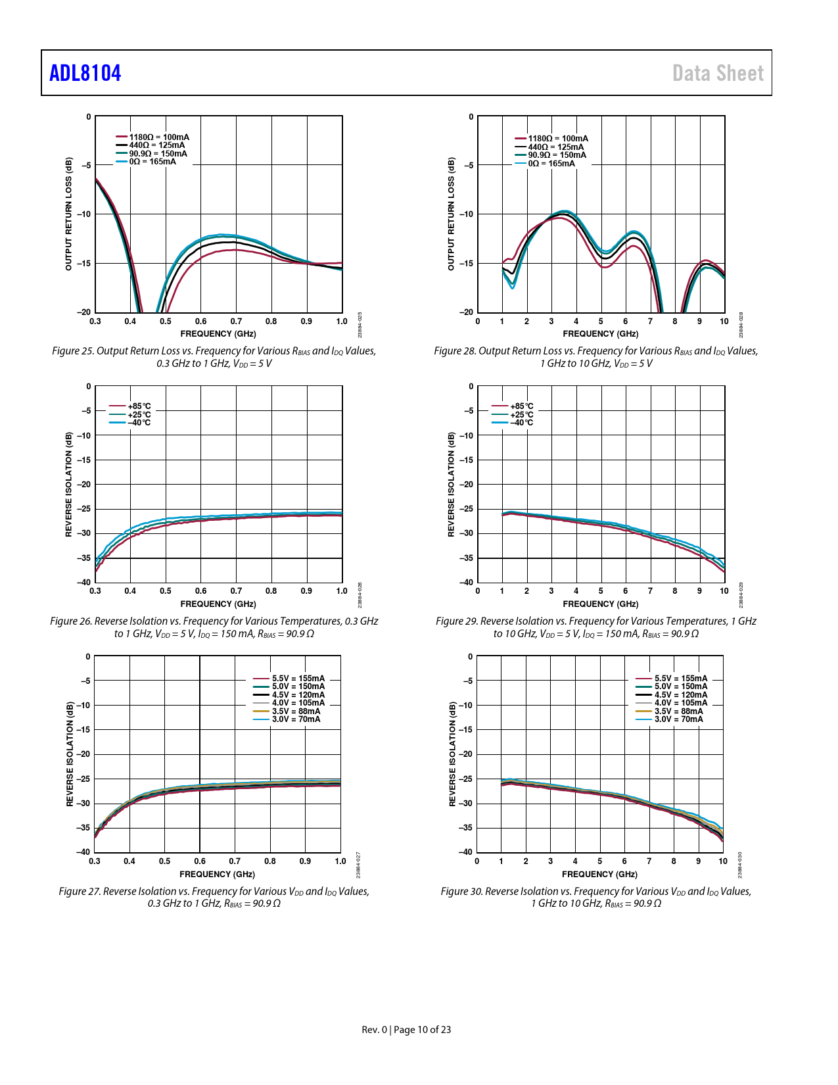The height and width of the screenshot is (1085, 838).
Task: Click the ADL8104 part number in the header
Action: (85, 73)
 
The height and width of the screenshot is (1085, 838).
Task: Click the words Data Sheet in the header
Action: (718, 73)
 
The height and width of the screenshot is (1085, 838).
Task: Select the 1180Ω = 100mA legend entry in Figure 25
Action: (158, 137)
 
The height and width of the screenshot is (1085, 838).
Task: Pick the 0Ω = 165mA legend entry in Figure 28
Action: (551, 164)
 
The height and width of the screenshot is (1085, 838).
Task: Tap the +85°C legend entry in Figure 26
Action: (139, 406)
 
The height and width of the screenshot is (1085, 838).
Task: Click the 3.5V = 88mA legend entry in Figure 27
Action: (296, 711)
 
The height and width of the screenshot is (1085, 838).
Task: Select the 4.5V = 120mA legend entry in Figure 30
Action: (680, 695)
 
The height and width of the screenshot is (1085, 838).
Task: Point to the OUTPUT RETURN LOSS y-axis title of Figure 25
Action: (68, 214)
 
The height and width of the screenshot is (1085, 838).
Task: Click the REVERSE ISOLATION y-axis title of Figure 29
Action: (451, 485)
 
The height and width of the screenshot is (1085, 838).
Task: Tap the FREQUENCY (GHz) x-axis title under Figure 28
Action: (600, 334)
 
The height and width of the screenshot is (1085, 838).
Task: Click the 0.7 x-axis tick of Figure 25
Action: (236, 322)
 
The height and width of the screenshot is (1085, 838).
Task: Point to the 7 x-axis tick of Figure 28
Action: (650, 322)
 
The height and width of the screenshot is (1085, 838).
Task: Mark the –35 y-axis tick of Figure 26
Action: (83, 558)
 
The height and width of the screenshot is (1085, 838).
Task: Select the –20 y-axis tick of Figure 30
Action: (466, 754)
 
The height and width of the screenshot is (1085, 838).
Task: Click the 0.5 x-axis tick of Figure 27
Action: (164, 861)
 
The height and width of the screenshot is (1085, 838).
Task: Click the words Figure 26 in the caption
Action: (71, 621)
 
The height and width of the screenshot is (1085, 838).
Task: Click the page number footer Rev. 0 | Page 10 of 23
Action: (406, 1030)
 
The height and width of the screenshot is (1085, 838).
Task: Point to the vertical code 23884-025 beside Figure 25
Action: (360, 325)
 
